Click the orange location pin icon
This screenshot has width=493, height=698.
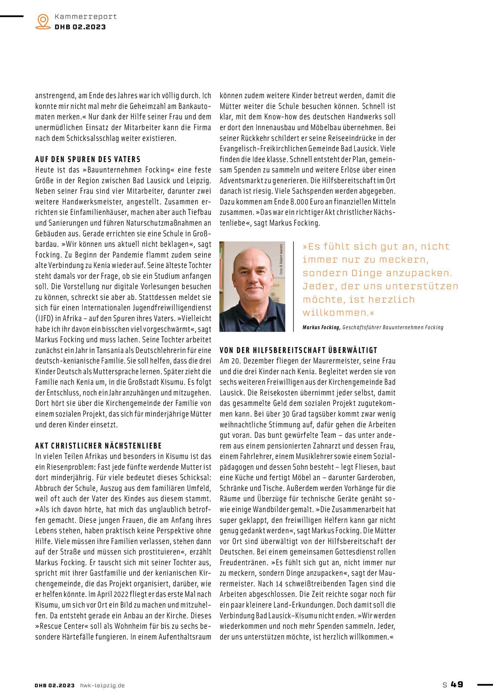coord(43,21)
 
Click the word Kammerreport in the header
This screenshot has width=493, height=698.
coord(86,17)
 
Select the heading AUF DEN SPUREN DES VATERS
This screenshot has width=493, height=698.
coord(88,159)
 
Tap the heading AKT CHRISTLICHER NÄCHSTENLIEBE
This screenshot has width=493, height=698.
coord(99,446)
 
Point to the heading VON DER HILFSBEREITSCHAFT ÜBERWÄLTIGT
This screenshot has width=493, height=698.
coord(298,350)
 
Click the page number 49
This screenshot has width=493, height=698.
coord(457,684)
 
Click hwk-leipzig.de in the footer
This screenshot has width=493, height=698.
coord(102,685)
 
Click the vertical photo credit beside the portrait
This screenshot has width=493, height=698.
coord(281,259)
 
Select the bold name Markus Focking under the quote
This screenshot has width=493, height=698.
coord(321,328)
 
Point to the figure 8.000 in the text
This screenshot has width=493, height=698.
coord(300,202)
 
